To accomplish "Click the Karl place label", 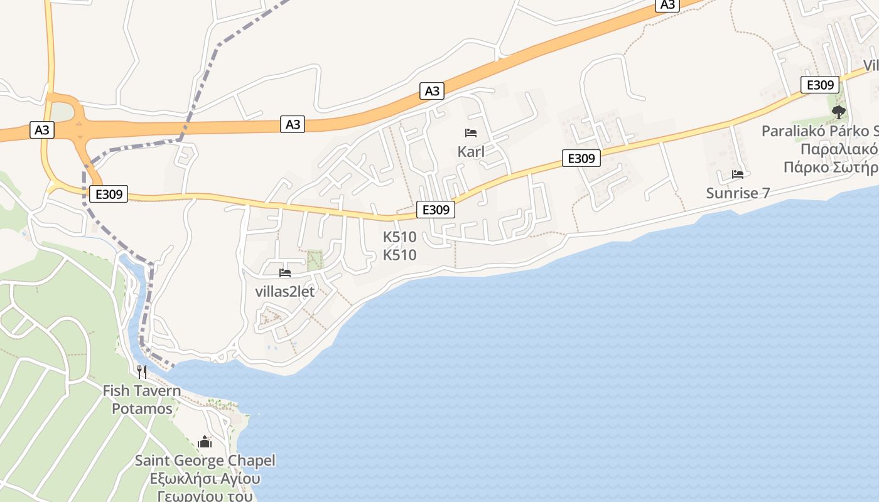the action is pos(471,151).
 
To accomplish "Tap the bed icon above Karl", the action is pos(471,133).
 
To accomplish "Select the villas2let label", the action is pos(284,292).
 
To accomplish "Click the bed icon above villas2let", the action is pos(285,273).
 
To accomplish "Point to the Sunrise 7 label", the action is pos(738,193).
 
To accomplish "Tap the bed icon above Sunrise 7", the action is pos(738,174).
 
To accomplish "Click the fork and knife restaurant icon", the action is pos(142,372).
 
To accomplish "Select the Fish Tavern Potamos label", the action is pos(142,400).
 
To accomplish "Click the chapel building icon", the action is pos(205,442).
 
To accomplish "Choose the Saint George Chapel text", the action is pos(205,461).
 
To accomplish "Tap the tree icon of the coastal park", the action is pos(838,112).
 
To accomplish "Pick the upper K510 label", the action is pos(400,237).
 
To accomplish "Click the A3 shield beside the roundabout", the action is pos(42,130).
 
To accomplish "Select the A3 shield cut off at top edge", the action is pos(667,4).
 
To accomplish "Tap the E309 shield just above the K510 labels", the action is pos(435,210).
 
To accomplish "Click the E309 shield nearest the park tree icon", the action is pos(819,85).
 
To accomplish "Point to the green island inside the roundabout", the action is pos(61,112).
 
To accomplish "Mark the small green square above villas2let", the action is pos(315,259).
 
